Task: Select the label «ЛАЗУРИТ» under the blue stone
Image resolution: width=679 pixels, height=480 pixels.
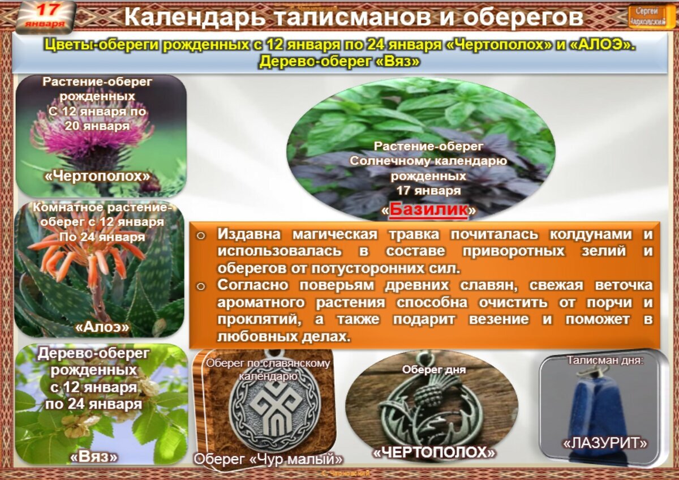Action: coord(604,443)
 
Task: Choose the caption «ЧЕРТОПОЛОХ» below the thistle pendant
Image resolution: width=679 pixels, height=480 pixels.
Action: coord(434,452)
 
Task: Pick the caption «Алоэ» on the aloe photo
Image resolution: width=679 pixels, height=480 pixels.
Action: coord(102,327)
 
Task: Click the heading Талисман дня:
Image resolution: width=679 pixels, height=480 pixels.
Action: coord(605,359)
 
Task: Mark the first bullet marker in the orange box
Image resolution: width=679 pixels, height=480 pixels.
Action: coord(200,235)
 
